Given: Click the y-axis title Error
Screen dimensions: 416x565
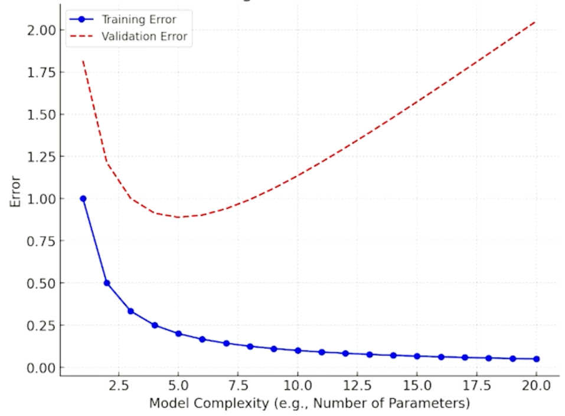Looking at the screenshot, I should pos(16,191).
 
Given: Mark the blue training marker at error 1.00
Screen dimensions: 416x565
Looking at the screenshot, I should pos(83,199).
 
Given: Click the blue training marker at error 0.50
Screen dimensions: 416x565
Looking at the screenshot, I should pos(107,283).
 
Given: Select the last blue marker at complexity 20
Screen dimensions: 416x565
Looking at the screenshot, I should pos(536,359).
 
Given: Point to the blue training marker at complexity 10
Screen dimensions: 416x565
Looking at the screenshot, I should pos(298,351).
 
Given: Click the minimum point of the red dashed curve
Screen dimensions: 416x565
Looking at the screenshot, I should pos(179,217).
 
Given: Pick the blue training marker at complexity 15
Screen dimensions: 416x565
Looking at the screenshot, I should pos(417,356).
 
